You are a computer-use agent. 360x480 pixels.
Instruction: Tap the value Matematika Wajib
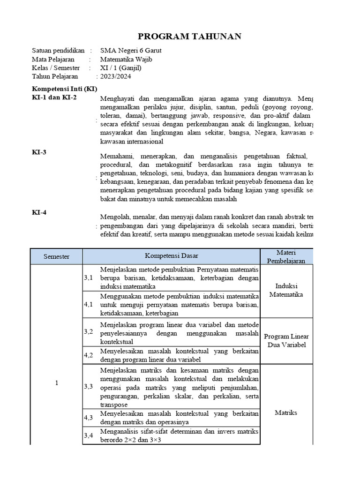pyautogui.click(x=126, y=59)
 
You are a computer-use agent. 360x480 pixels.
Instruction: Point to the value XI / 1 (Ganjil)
pyautogui.click(x=120, y=68)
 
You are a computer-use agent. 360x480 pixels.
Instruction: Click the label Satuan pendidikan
pyautogui.click(x=58, y=51)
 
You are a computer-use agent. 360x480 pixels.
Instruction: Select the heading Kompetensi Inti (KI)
pyautogui.click(x=64, y=89)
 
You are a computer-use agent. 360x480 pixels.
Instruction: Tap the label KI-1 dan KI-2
pyautogui.click(x=54, y=97)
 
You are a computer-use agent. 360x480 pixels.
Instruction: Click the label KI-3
pyautogui.click(x=39, y=152)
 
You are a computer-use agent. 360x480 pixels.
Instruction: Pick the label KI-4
pyautogui.click(x=39, y=212)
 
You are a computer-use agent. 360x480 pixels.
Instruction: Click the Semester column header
pyautogui.click(x=56, y=256)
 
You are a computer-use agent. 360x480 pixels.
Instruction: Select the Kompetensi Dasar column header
pyautogui.click(x=171, y=256)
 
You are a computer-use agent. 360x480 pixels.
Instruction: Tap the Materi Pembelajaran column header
pyautogui.click(x=286, y=256)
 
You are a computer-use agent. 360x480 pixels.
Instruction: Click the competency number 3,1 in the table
pyautogui.click(x=89, y=278)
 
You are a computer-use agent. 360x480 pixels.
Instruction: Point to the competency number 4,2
pyautogui.click(x=89, y=355)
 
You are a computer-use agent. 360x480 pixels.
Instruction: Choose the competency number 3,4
pyautogui.click(x=89, y=436)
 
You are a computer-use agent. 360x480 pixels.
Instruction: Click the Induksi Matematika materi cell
pyautogui.click(x=286, y=290)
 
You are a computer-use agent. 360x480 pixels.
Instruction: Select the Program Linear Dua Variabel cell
pyautogui.click(x=286, y=341)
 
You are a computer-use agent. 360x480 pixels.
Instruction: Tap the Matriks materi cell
pyautogui.click(x=286, y=413)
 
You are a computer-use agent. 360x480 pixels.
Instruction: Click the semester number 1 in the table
pyautogui.click(x=56, y=383)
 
